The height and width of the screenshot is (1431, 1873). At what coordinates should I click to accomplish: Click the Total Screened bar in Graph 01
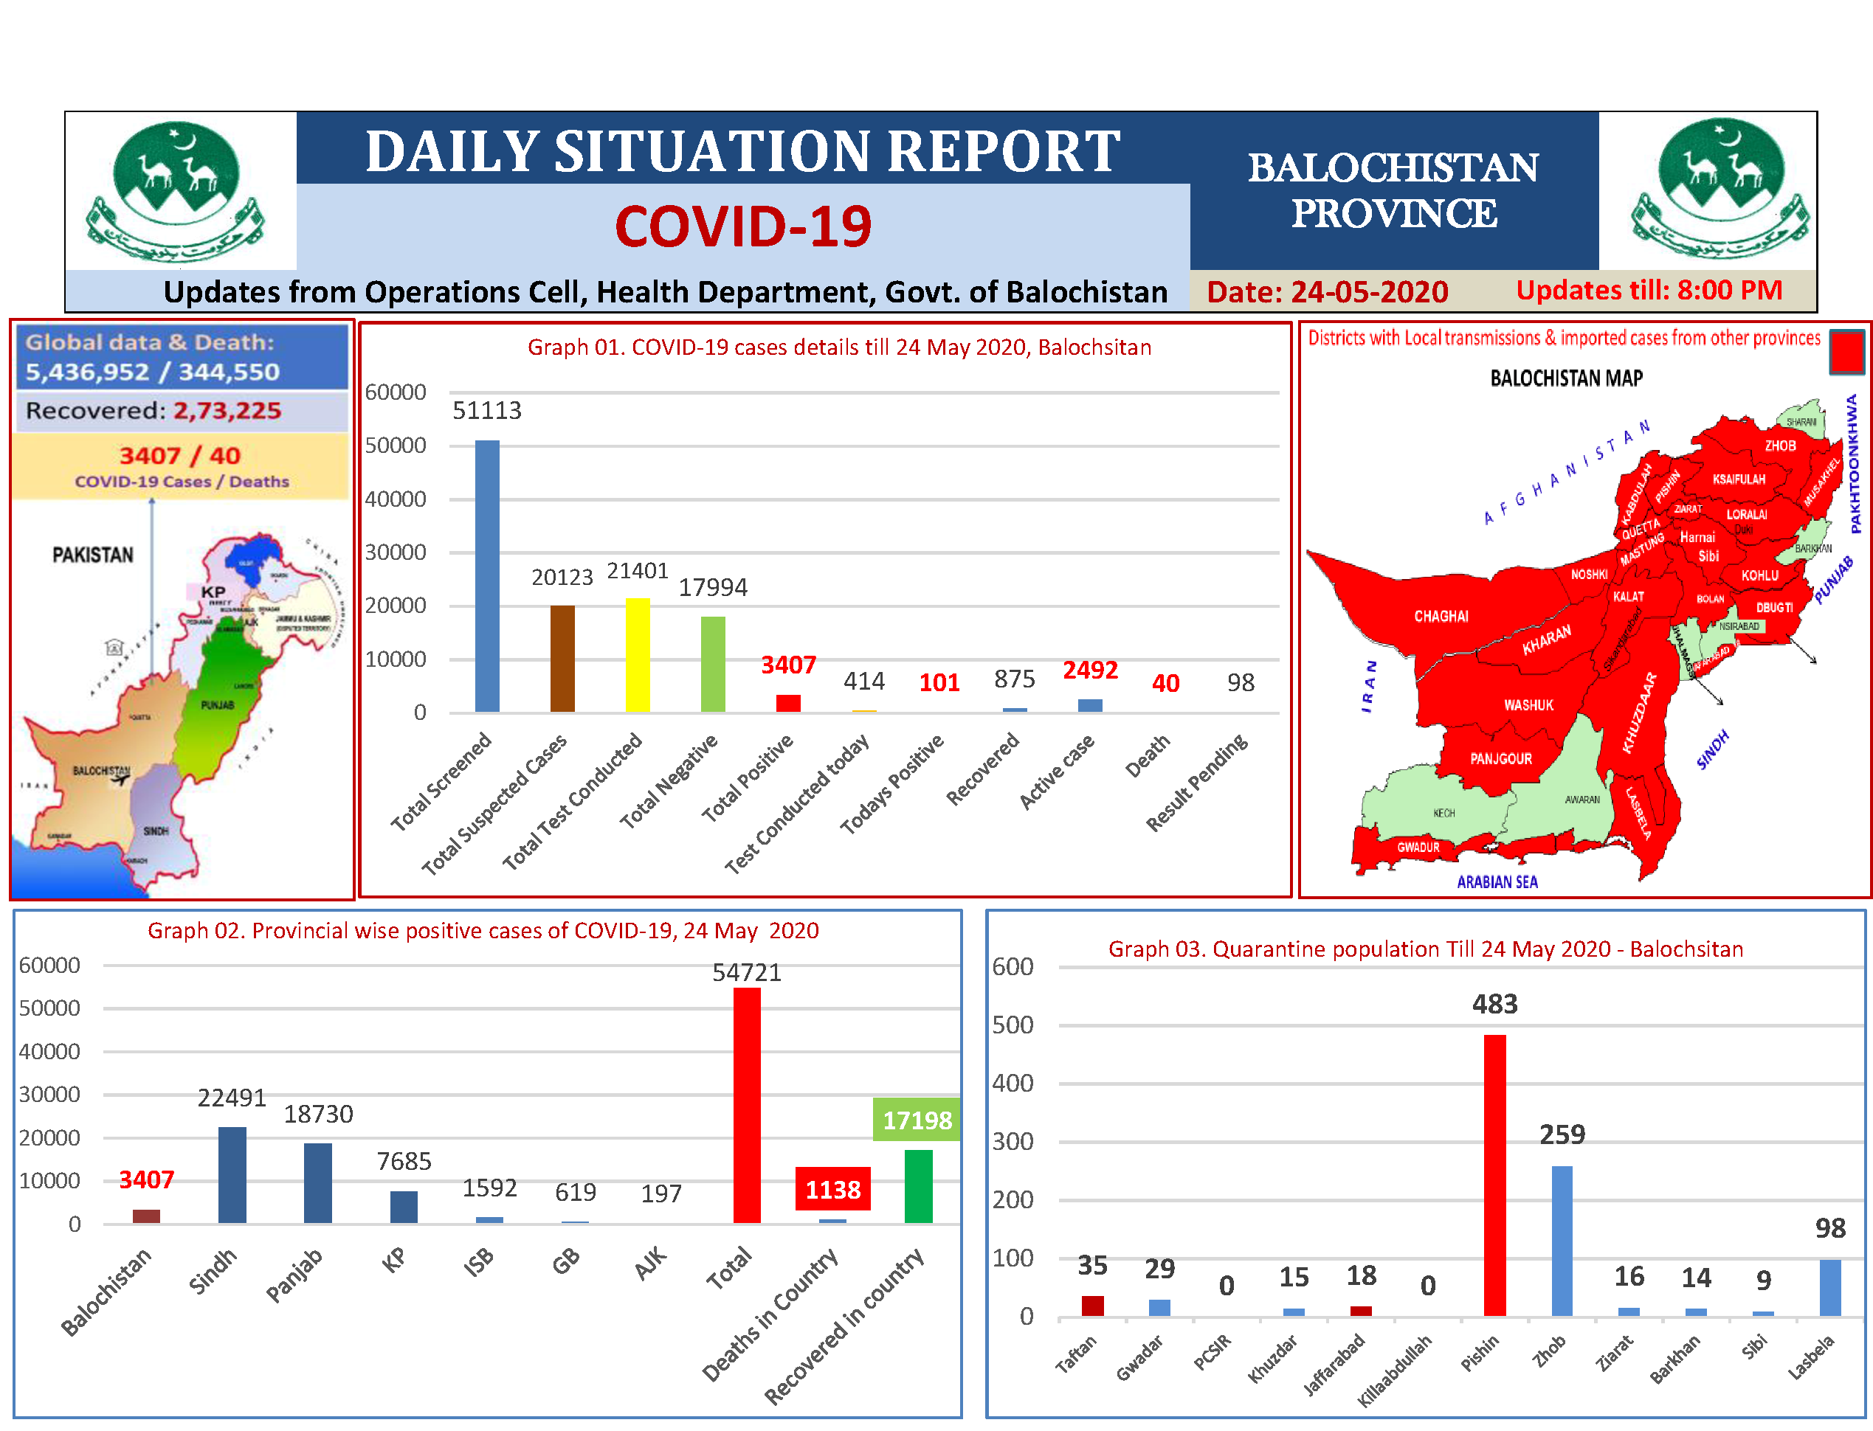(x=486, y=576)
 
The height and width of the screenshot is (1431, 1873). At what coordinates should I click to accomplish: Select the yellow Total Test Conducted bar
(x=638, y=654)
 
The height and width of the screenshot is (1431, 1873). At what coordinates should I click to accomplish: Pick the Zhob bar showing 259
(x=1561, y=1240)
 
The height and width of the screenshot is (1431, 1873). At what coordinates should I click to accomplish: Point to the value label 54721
(x=747, y=972)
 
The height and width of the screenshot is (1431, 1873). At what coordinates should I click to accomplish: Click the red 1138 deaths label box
(x=832, y=1189)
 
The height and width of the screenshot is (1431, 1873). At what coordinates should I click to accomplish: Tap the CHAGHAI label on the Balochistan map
(x=1441, y=616)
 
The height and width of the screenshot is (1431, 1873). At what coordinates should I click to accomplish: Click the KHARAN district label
(x=1546, y=640)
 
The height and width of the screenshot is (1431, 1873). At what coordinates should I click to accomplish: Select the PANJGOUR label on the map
(x=1500, y=758)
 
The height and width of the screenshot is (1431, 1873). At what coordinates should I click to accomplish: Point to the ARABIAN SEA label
(x=1497, y=881)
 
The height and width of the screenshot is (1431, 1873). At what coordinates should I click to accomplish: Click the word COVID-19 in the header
(x=743, y=226)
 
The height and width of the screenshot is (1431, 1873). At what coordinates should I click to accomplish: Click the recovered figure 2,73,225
(x=227, y=411)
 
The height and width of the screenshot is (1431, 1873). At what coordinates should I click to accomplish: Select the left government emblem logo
(x=176, y=192)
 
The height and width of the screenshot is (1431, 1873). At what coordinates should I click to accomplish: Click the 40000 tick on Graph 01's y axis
(x=396, y=499)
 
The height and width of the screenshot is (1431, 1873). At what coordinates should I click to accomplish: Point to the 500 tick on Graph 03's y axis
(x=1013, y=1025)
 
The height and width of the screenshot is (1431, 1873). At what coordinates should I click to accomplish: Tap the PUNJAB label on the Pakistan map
(x=217, y=704)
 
